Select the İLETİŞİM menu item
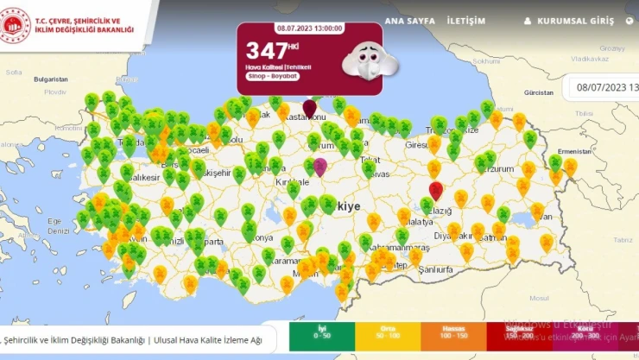pyautogui.click(x=465, y=21)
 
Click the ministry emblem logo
pyautogui.click(x=16, y=26)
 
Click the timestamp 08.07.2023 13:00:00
pyautogui.click(x=309, y=28)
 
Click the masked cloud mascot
pyautogui.click(x=361, y=59)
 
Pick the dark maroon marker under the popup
pyautogui.click(x=309, y=110)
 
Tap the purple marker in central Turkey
pyautogui.click(x=320, y=167)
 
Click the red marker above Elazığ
pyautogui.click(x=436, y=190)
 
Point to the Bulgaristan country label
pyautogui.click(x=51, y=79)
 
